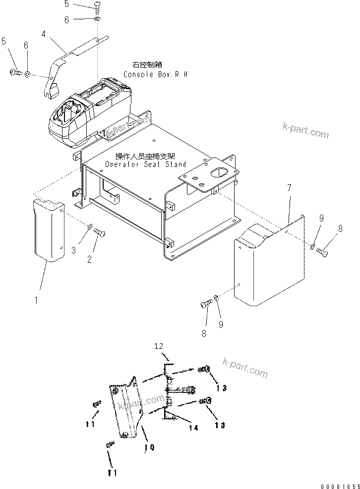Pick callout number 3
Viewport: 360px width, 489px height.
tap(73, 251)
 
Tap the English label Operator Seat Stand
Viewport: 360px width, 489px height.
tap(145, 164)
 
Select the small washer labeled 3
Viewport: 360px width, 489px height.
tap(89, 227)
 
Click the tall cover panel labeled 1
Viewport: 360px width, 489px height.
tap(49, 230)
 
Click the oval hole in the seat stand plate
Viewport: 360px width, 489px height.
tap(221, 174)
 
